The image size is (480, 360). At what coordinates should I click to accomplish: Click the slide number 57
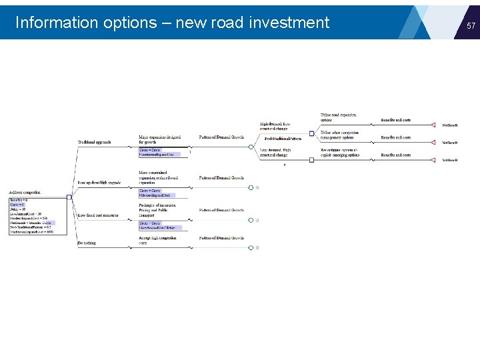click(471, 26)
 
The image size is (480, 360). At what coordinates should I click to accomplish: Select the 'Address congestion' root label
click(25, 192)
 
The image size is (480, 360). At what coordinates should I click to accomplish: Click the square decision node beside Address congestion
click(69, 197)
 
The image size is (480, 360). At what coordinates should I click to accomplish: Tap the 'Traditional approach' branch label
click(94, 142)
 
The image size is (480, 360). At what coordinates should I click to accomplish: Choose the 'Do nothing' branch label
click(87, 243)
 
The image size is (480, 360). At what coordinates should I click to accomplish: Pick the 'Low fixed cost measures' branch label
click(97, 215)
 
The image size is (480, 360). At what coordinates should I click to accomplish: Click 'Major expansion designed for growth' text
click(159, 139)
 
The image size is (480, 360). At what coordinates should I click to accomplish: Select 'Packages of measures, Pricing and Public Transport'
click(158, 210)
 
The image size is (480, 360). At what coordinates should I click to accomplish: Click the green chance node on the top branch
click(251, 147)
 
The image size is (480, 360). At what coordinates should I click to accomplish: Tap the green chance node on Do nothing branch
click(251, 247)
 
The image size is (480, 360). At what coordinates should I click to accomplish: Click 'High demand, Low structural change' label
click(275, 126)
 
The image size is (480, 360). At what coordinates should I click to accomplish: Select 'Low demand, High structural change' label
click(275, 153)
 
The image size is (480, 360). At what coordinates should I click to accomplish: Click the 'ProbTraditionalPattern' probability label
click(283, 139)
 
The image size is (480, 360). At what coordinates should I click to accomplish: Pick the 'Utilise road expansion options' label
click(339, 117)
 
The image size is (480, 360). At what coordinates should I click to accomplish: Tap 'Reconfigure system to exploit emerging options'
click(339, 153)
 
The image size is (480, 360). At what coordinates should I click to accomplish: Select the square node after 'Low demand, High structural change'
click(311, 160)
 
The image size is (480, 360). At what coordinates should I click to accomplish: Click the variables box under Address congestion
click(31, 215)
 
